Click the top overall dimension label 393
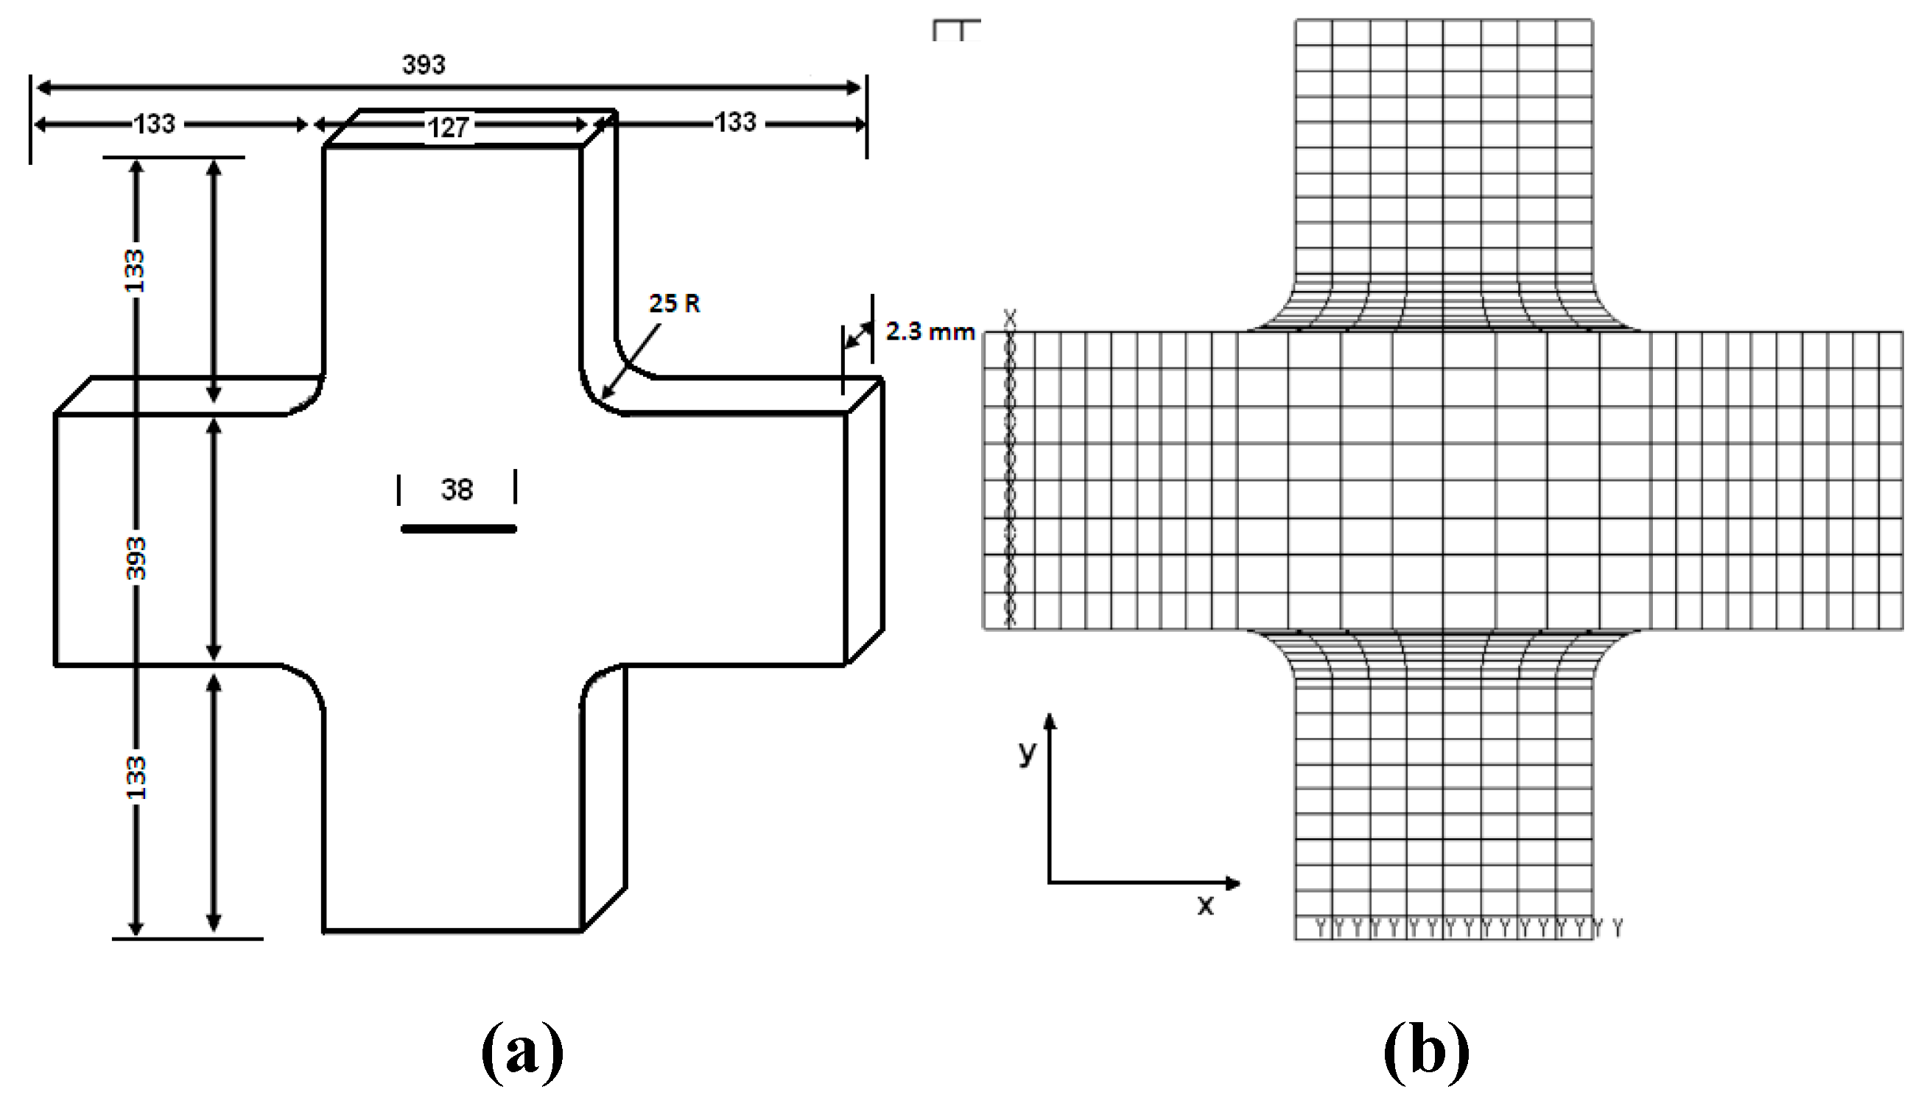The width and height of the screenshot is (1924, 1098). (424, 65)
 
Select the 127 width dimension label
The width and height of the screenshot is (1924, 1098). (449, 127)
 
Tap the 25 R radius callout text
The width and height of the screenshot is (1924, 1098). (674, 303)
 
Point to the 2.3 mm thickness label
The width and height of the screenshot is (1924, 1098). (929, 332)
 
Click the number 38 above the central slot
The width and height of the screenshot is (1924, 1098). (457, 490)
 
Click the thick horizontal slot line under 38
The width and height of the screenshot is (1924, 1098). (459, 529)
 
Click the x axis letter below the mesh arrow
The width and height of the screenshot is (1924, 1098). (1205, 905)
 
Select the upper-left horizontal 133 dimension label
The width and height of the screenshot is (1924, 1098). (155, 124)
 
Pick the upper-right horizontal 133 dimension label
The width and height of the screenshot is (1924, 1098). (735, 122)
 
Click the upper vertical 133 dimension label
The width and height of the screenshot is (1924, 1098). (134, 271)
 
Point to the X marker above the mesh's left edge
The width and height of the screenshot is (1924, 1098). (1010, 319)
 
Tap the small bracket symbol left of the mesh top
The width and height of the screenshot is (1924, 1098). (956, 30)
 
